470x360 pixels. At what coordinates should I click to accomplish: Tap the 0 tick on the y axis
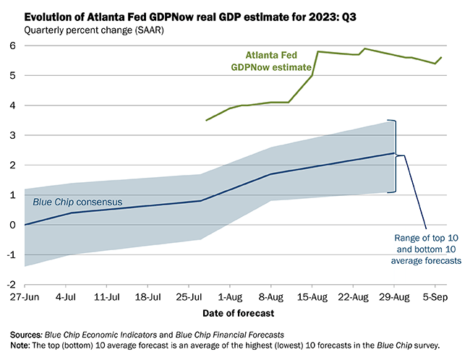(x=14, y=225)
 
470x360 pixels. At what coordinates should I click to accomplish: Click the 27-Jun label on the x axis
(x=25, y=296)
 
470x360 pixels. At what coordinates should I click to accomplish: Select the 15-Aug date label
(x=312, y=296)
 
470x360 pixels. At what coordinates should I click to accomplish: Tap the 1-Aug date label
(x=230, y=296)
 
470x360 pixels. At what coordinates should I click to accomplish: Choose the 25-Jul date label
(x=189, y=296)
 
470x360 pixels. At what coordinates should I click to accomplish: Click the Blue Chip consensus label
(x=77, y=202)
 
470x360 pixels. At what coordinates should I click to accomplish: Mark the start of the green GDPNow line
(x=207, y=120)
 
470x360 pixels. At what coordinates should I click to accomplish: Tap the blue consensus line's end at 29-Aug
(x=395, y=153)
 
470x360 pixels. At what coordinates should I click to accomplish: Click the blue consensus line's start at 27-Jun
(x=25, y=225)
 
